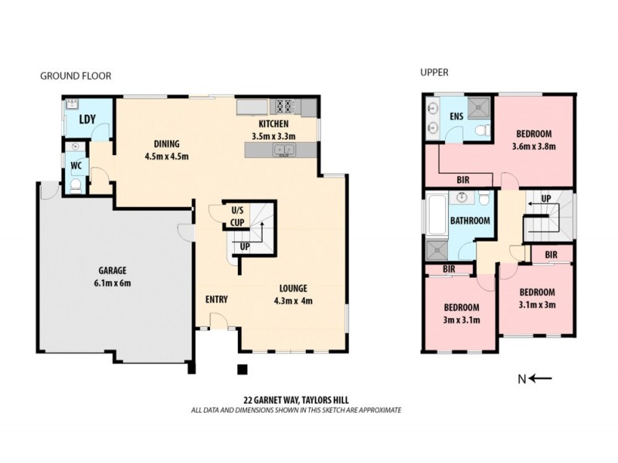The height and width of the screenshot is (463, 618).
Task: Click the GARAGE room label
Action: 112,271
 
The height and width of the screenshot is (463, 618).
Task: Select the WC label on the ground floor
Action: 76,165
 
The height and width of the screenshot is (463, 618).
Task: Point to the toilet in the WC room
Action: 75,184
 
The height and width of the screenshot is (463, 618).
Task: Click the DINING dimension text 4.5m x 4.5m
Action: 167,157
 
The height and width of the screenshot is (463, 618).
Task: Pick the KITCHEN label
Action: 273,124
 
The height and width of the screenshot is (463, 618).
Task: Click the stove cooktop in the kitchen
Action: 283,106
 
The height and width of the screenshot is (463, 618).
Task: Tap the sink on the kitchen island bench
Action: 281,151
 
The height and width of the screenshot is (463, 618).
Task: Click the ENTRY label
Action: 216,299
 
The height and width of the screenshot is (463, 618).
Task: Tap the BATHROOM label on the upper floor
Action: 470,221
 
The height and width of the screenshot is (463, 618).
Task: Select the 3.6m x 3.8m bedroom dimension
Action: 534,147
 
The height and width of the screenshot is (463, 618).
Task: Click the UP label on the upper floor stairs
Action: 546,198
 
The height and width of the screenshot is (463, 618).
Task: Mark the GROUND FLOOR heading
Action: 76,76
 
